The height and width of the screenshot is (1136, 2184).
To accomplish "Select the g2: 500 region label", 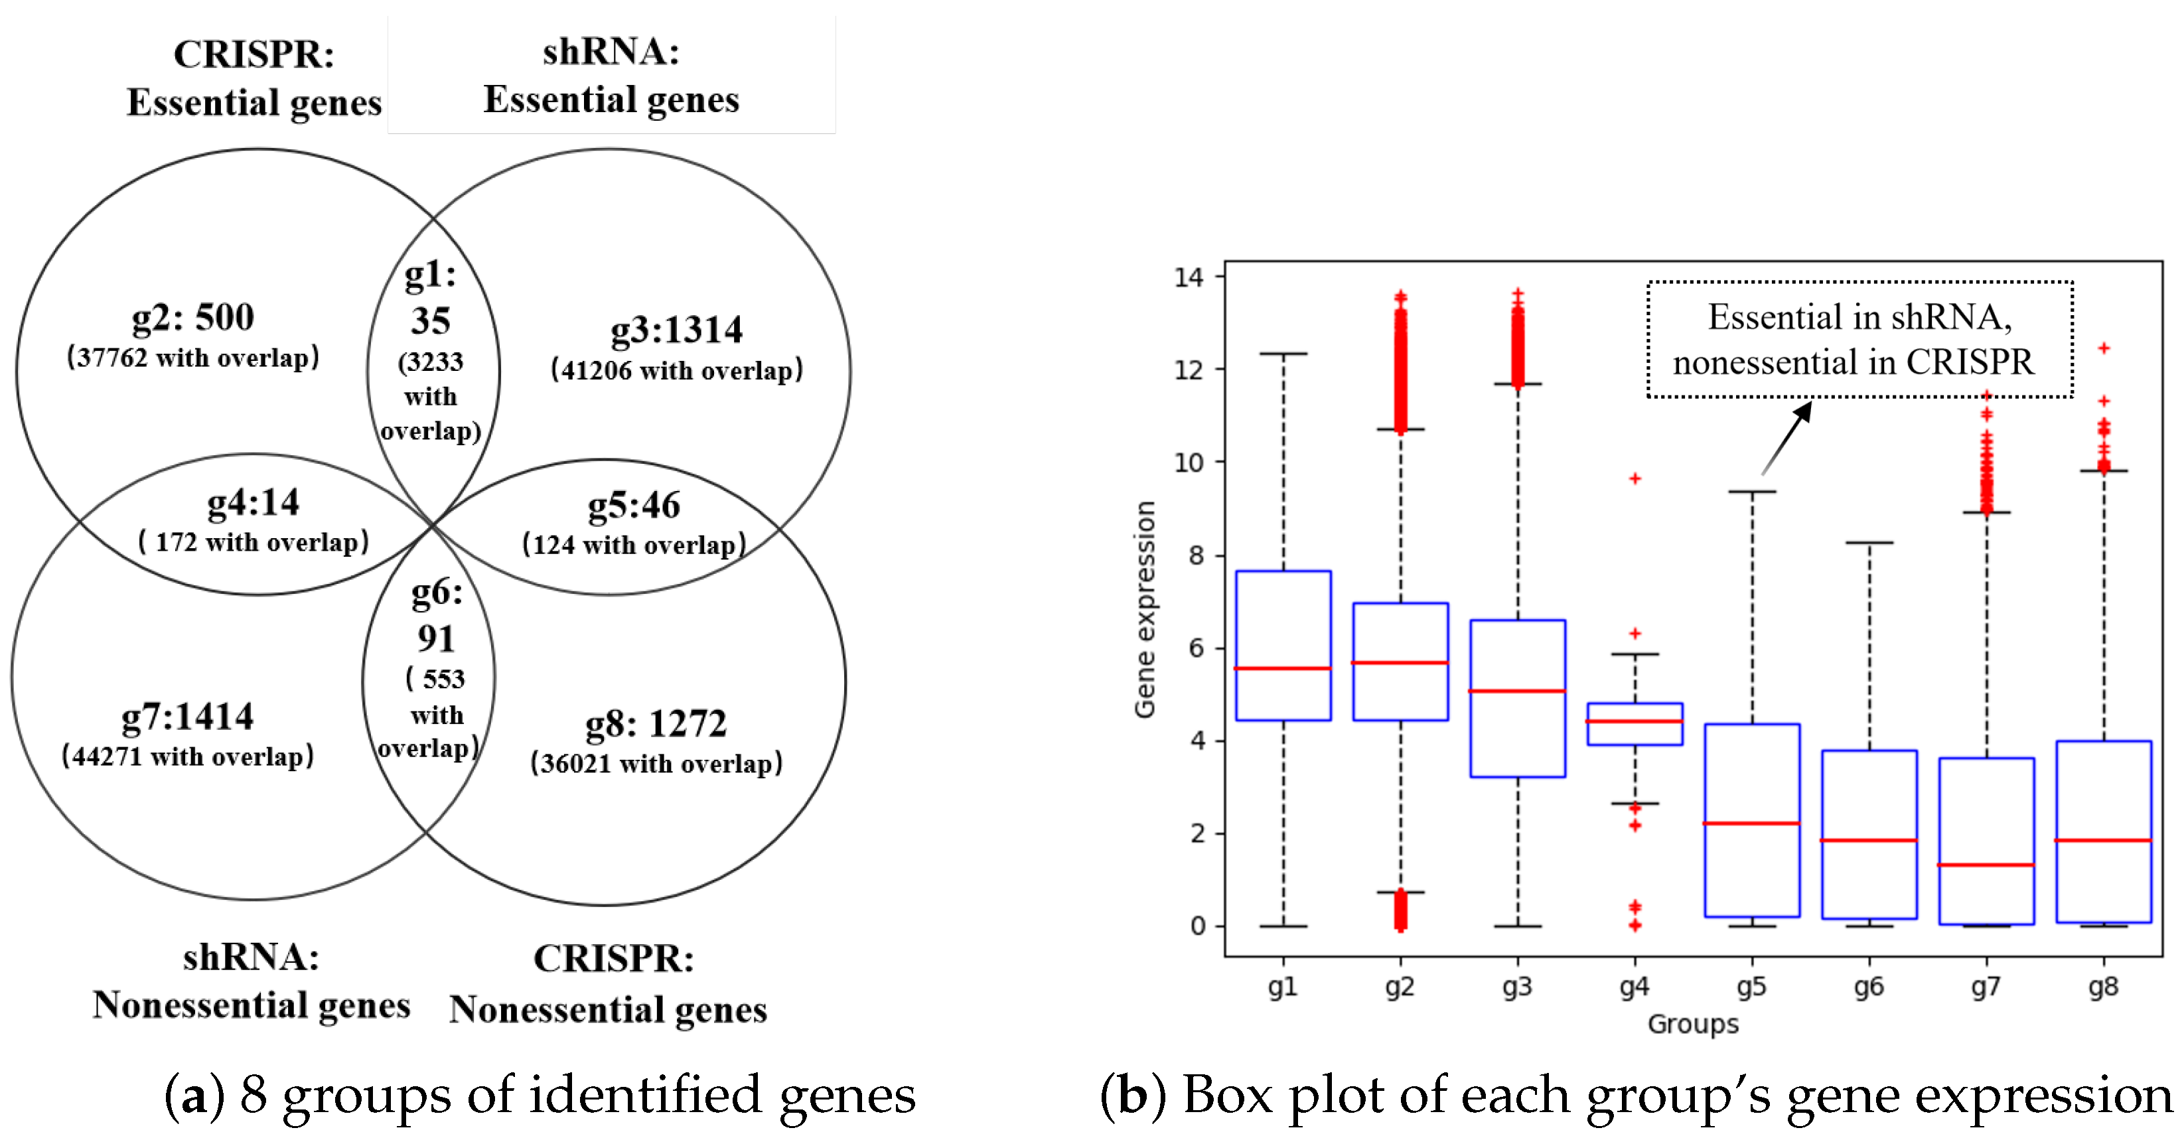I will (x=193, y=318).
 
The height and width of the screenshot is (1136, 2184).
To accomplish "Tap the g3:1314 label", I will (x=676, y=330).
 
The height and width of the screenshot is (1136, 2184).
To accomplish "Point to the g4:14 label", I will (x=254, y=503).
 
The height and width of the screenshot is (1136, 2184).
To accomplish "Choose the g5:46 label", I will (x=634, y=505).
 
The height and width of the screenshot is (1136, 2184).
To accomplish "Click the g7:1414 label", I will (x=187, y=717).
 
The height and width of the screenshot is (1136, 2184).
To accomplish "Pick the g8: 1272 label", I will (x=656, y=724).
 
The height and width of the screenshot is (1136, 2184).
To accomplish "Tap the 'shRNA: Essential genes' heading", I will (x=611, y=76).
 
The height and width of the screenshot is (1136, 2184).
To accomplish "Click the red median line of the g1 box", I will (x=1283, y=668).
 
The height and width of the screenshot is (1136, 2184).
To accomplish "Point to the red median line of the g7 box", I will (x=1986, y=865).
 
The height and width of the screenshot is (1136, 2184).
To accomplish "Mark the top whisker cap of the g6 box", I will (x=1869, y=543).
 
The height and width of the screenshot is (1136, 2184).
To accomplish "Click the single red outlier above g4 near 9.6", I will (x=1635, y=479).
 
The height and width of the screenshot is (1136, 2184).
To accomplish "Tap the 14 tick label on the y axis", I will (x=1189, y=277).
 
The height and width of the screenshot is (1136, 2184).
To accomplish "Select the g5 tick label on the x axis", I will (x=1751, y=987).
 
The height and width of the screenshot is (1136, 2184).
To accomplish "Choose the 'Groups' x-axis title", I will (x=1692, y=1024).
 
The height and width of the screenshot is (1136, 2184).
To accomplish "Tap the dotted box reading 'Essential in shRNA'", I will (x=1859, y=339).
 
